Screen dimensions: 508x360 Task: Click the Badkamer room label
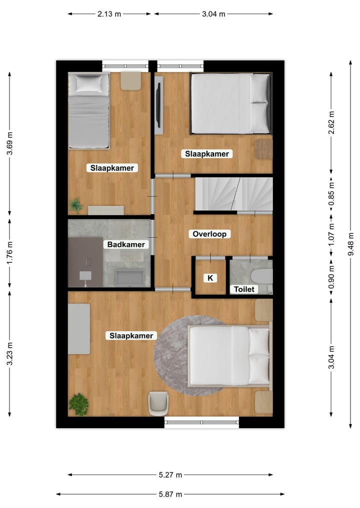click(126, 244)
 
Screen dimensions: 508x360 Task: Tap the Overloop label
click(209, 234)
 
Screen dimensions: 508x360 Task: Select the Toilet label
click(244, 289)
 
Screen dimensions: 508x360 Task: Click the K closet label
click(210, 278)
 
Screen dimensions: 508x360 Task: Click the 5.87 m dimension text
click(170, 494)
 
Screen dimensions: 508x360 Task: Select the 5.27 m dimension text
click(170, 475)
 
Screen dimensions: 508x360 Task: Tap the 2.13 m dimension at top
click(109, 14)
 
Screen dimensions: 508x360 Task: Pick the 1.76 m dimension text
click(9, 253)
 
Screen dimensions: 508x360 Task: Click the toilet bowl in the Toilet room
click(261, 276)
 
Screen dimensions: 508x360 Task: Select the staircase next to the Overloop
click(233, 194)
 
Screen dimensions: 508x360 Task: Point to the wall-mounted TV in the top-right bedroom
click(158, 105)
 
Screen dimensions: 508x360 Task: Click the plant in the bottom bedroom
click(78, 404)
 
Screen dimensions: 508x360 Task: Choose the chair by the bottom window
click(158, 403)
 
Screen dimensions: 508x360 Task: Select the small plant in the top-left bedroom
click(76, 205)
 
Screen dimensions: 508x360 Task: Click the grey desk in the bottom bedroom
click(79, 329)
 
